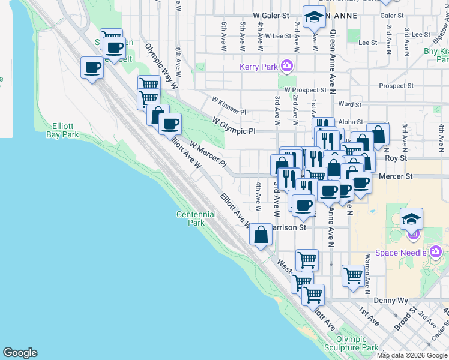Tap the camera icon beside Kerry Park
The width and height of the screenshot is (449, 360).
coord(288,65)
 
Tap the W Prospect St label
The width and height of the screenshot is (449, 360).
coord(305,90)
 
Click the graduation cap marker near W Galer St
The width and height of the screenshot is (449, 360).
coord(313,17)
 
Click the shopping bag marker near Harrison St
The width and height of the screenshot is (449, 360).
coord(261,236)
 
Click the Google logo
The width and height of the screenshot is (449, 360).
coord(20,353)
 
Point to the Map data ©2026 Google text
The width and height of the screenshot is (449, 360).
coord(412,355)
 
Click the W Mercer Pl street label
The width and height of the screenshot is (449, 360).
coord(208,154)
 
